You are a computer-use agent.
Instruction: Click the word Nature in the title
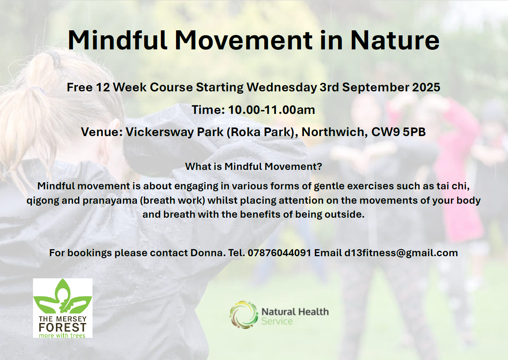click(395, 40)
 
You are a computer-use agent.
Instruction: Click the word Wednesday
click(282, 88)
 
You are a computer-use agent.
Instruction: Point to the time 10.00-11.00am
click(271, 110)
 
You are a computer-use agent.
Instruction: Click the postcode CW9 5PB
click(398, 132)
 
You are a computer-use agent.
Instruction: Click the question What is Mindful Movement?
click(253, 166)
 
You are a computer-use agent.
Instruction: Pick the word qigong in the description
click(43, 201)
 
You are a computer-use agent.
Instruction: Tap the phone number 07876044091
click(279, 253)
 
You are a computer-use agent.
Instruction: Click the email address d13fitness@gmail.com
click(401, 253)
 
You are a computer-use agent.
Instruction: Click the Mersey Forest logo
click(63, 308)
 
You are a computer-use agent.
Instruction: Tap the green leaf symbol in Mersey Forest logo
click(63, 296)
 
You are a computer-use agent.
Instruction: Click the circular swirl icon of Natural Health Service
click(244, 315)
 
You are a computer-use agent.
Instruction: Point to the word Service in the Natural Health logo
click(277, 322)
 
